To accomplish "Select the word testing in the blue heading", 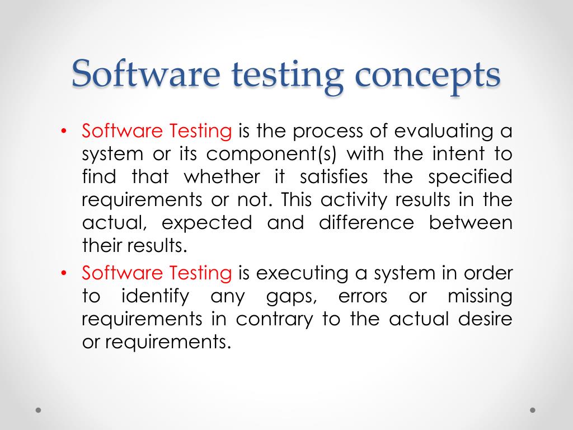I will pyautogui.click(x=285, y=76).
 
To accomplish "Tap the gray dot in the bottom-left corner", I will pyautogui.click(x=39, y=410).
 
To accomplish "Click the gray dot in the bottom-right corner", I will pyautogui.click(x=533, y=410).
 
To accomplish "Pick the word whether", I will pyautogui.click(x=222, y=177).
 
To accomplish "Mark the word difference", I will pyautogui.click(x=367, y=223).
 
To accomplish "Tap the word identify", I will pyautogui.click(x=155, y=297).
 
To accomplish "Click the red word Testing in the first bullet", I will pyautogui.click(x=201, y=132).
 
